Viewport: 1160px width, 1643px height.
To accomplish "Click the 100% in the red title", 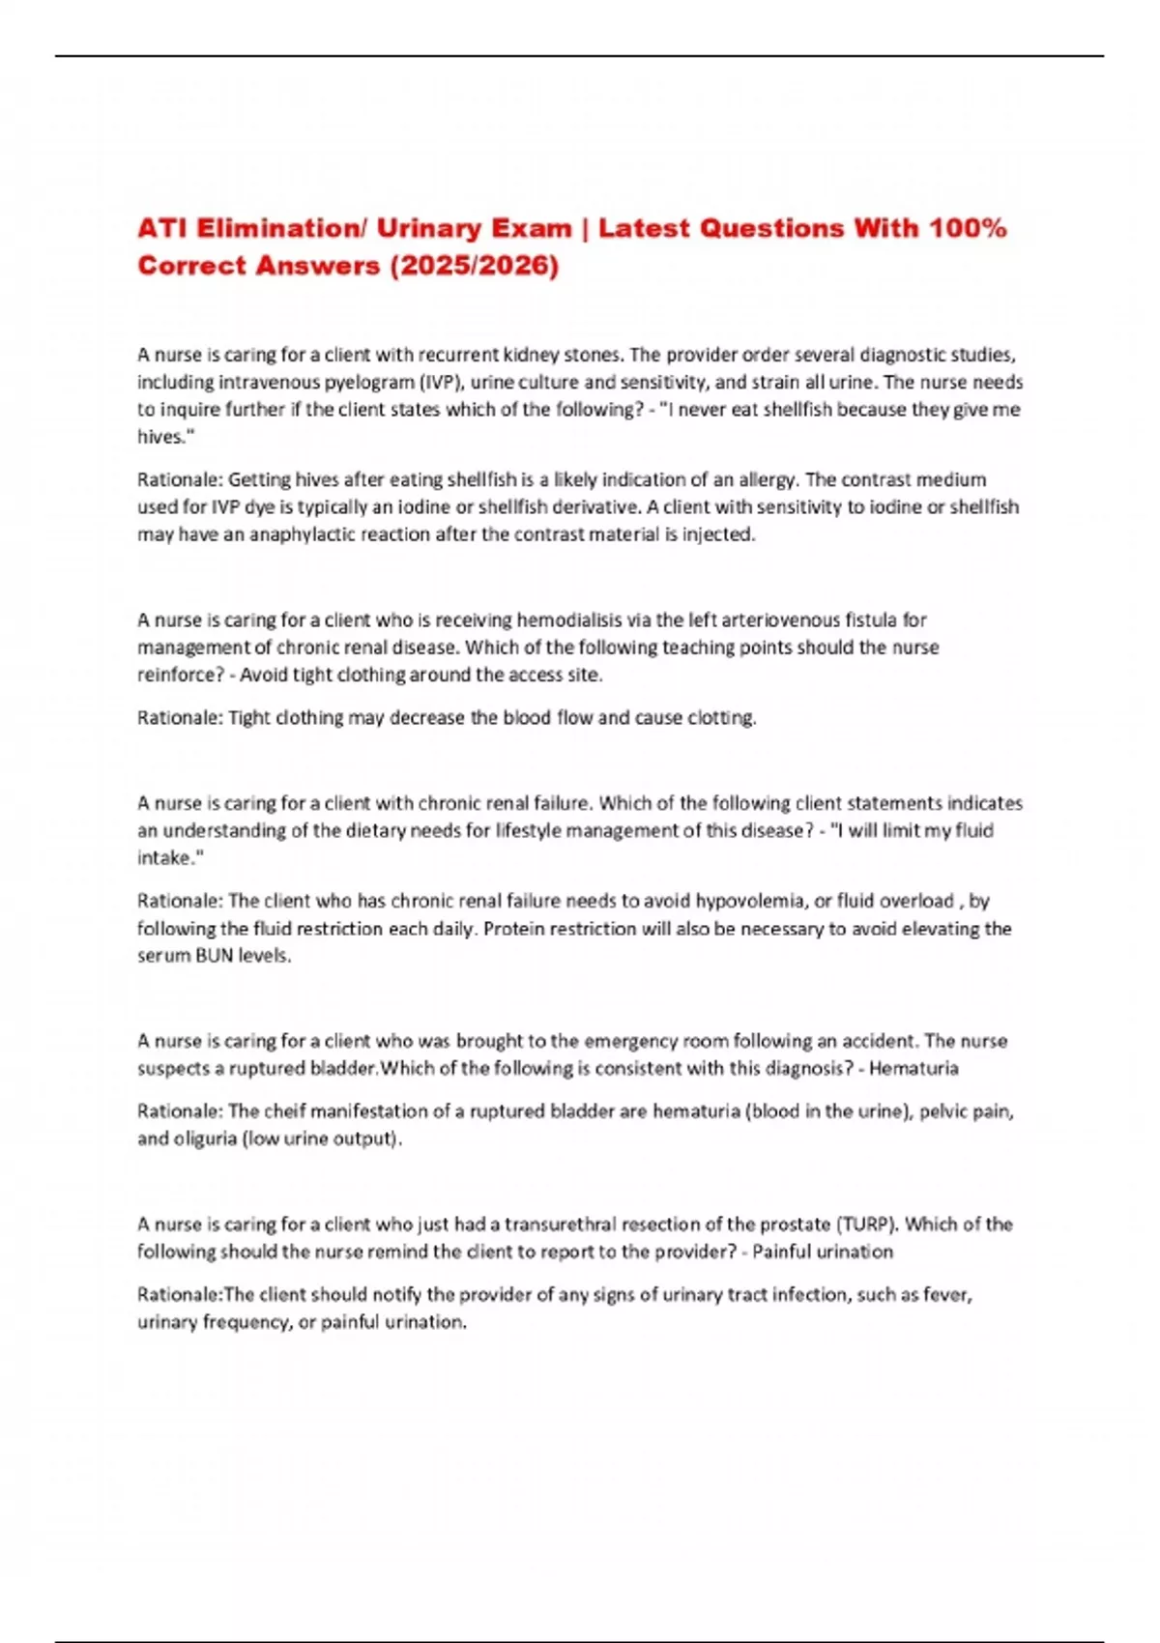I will click(x=967, y=229).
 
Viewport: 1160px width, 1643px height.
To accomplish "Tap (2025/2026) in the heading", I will click(x=474, y=266).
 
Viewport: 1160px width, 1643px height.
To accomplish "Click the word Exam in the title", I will click(x=531, y=229).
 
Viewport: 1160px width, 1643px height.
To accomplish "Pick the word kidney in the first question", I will click(x=531, y=355).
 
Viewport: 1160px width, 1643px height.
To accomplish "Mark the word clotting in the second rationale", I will click(x=721, y=718).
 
